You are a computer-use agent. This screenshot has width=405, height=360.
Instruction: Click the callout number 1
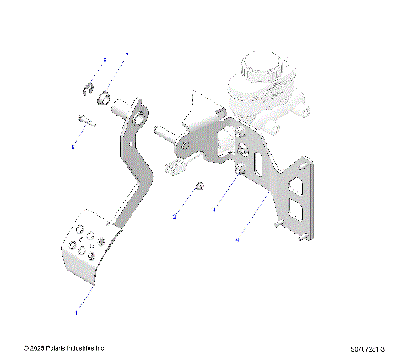pos(77,311)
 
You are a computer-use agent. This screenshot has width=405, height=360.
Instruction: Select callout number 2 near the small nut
pos(175,217)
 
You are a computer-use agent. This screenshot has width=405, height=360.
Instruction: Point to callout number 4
pos(239,239)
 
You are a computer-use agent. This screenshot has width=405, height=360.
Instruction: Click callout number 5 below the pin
pos(73,147)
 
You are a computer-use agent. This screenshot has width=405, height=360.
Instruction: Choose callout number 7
pos(127,56)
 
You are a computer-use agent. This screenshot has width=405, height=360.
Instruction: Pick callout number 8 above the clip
pos(105,61)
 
